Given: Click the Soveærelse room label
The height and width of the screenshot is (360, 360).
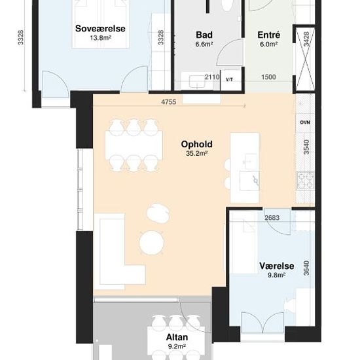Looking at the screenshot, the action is click(x=100, y=28).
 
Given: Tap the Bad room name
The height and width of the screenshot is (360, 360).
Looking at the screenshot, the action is click(x=204, y=35).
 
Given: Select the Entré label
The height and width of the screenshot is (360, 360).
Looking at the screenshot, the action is click(x=269, y=35).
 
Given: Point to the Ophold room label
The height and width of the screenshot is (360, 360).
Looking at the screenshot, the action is click(x=197, y=144).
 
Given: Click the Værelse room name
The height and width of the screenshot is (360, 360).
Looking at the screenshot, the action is click(x=277, y=266).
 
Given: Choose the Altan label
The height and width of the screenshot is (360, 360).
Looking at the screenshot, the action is click(x=177, y=337).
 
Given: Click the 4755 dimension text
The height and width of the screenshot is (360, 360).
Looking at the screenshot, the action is click(x=169, y=102).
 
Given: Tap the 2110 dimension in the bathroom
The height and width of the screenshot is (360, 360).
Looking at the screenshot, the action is click(x=212, y=77).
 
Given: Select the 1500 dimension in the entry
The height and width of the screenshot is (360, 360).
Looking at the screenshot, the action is click(x=268, y=77).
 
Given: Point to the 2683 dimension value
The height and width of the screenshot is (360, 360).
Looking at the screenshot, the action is click(x=272, y=218).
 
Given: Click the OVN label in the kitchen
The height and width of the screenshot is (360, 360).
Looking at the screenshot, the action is click(x=305, y=122).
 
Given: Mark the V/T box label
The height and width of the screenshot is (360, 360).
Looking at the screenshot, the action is click(x=229, y=80).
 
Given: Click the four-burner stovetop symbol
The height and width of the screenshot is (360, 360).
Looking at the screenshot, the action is click(x=306, y=181).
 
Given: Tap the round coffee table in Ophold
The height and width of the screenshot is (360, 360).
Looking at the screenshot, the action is click(x=152, y=243).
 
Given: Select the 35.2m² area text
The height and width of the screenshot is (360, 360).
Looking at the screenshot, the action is click(x=197, y=153).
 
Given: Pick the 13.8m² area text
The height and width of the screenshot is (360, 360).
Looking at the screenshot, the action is click(x=100, y=38).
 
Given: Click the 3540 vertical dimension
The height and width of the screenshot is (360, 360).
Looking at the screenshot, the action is click(x=306, y=147).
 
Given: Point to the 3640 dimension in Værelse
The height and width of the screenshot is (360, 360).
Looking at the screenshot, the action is click(x=306, y=268).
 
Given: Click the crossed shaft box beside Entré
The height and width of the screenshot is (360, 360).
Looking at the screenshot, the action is click(x=305, y=59).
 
